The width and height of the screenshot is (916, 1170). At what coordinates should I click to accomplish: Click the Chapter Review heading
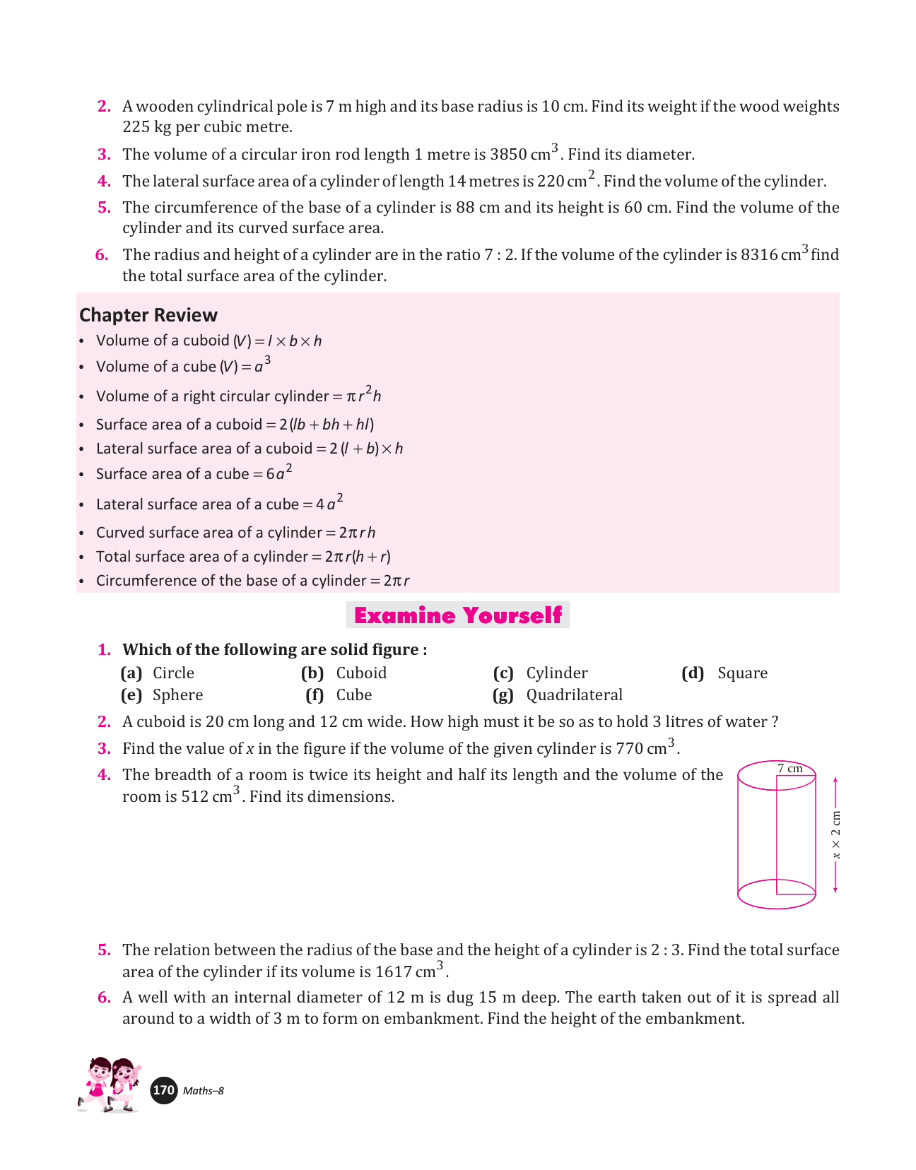pyautogui.click(x=148, y=315)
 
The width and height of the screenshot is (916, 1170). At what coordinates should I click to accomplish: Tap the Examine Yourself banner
pyautogui.click(x=457, y=615)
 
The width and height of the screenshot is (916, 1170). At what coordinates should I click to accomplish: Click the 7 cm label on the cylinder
pyautogui.click(x=789, y=769)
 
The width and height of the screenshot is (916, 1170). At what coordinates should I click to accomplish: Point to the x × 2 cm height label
pyautogui.click(x=836, y=835)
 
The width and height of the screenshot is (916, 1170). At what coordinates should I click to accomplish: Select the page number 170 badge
pyautogui.click(x=164, y=1090)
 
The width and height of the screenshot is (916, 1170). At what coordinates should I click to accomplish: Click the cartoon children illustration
pyautogui.click(x=110, y=1085)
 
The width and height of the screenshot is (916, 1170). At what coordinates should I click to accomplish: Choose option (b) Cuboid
pyautogui.click(x=361, y=673)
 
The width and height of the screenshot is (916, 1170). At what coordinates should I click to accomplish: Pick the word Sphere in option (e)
pyautogui.click(x=177, y=695)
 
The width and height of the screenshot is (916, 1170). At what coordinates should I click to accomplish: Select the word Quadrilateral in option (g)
pyautogui.click(x=574, y=695)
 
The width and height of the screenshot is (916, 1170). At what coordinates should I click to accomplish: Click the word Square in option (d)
pyautogui.click(x=742, y=673)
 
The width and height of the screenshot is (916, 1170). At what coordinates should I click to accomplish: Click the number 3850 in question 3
pyautogui.click(x=508, y=155)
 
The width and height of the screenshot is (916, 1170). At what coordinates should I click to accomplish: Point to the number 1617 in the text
pyautogui.click(x=393, y=972)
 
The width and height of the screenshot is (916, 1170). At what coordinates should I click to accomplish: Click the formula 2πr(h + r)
pyautogui.click(x=358, y=557)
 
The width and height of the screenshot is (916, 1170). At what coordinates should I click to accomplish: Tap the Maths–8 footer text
pyautogui.click(x=203, y=1091)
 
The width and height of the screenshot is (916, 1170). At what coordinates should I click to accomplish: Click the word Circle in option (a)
pyautogui.click(x=173, y=673)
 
